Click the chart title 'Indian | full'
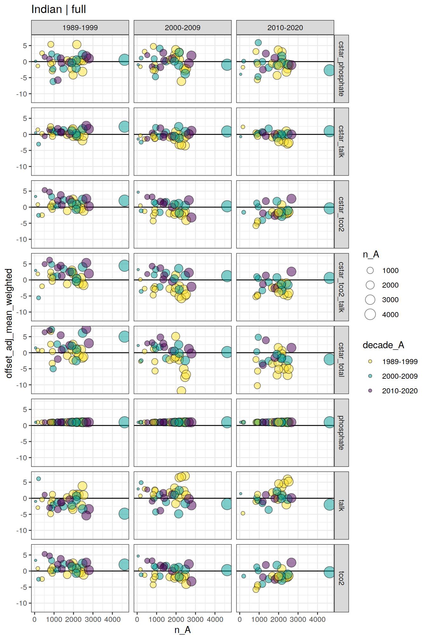click(58, 10)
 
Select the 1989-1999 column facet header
click(80, 28)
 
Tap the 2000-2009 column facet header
click(182, 28)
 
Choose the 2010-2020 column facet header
click(285, 28)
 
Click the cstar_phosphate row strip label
click(341, 69)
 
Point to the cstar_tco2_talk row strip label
click(341, 287)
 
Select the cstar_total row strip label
click(341, 360)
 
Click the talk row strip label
click(341, 505)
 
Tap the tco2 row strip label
click(341, 578)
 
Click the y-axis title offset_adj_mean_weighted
click(9, 323)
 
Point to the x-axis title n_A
click(182, 630)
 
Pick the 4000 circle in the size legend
click(370, 314)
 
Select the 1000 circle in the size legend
click(370, 270)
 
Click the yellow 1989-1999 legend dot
click(370, 361)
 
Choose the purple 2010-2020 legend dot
click(370, 390)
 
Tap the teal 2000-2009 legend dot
click(370, 376)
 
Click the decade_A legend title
click(383, 345)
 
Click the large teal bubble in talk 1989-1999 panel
click(124, 514)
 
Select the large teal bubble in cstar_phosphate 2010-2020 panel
click(329, 70)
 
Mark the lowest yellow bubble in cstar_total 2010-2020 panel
click(257, 386)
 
